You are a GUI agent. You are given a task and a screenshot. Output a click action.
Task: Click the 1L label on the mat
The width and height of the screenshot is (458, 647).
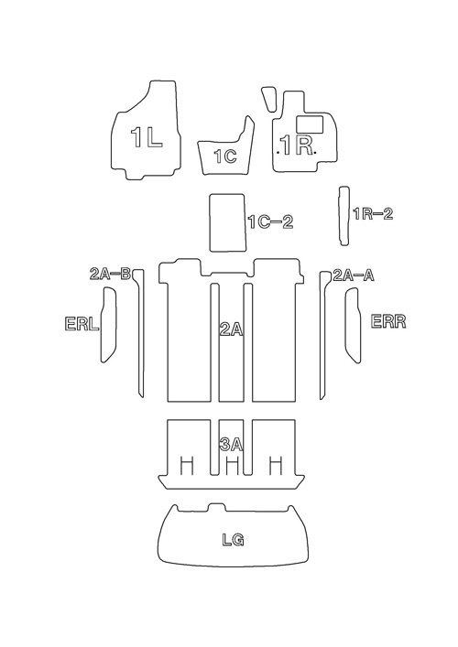(147, 137)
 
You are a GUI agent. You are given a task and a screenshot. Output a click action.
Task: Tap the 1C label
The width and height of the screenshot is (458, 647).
(225, 156)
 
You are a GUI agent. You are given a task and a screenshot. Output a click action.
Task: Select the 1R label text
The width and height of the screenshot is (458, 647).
(296, 145)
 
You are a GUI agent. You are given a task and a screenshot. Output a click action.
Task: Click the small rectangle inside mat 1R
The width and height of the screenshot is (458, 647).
(310, 124)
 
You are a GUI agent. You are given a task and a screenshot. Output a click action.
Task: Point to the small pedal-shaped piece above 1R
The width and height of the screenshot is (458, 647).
(269, 99)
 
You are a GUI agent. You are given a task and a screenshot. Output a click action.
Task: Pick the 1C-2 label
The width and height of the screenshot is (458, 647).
(270, 222)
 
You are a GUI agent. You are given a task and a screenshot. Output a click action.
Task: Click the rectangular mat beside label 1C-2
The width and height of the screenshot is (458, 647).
(228, 222)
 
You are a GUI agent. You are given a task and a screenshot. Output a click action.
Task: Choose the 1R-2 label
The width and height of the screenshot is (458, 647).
(373, 214)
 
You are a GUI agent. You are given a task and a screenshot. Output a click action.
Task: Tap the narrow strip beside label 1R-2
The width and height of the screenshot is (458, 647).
(344, 216)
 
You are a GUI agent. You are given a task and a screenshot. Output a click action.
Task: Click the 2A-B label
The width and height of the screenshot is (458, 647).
(110, 274)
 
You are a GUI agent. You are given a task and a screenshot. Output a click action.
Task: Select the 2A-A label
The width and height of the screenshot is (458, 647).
(354, 275)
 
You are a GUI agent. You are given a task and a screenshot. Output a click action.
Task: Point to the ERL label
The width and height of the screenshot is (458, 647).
(82, 324)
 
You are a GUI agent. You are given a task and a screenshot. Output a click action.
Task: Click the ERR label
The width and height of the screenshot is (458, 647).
(388, 321)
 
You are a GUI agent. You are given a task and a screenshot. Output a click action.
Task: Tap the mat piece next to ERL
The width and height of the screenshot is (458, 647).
(109, 325)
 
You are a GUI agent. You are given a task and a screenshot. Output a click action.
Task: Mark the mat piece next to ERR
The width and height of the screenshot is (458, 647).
(353, 326)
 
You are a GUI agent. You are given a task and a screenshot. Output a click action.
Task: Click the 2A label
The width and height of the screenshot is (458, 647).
(231, 330)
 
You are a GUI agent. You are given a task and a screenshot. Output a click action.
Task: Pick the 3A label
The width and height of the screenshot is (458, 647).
(231, 445)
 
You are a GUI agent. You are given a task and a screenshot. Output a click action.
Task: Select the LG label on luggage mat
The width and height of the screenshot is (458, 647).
(233, 540)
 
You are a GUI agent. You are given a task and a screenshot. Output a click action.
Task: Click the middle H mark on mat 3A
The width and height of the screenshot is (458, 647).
(233, 465)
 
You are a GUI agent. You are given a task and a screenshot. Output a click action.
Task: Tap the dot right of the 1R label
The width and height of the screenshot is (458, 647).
(315, 153)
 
